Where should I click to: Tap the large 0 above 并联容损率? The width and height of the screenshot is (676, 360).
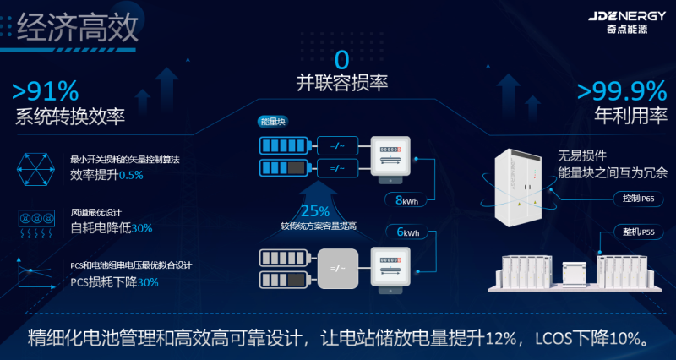point(341,60)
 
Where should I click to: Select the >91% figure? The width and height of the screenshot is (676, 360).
point(46,90)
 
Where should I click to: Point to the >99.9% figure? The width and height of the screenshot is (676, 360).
point(620,90)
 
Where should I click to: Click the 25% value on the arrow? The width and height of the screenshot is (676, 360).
point(314,210)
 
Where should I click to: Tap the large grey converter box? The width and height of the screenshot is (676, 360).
point(338,269)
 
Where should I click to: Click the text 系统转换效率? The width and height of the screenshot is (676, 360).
point(63,117)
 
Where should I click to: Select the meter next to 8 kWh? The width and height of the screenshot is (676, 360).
point(390,156)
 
